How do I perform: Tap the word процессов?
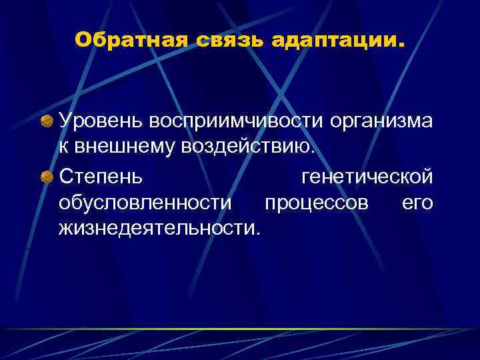point(316,203)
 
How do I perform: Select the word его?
point(417,203)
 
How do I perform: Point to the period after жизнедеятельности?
point(259,233)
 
